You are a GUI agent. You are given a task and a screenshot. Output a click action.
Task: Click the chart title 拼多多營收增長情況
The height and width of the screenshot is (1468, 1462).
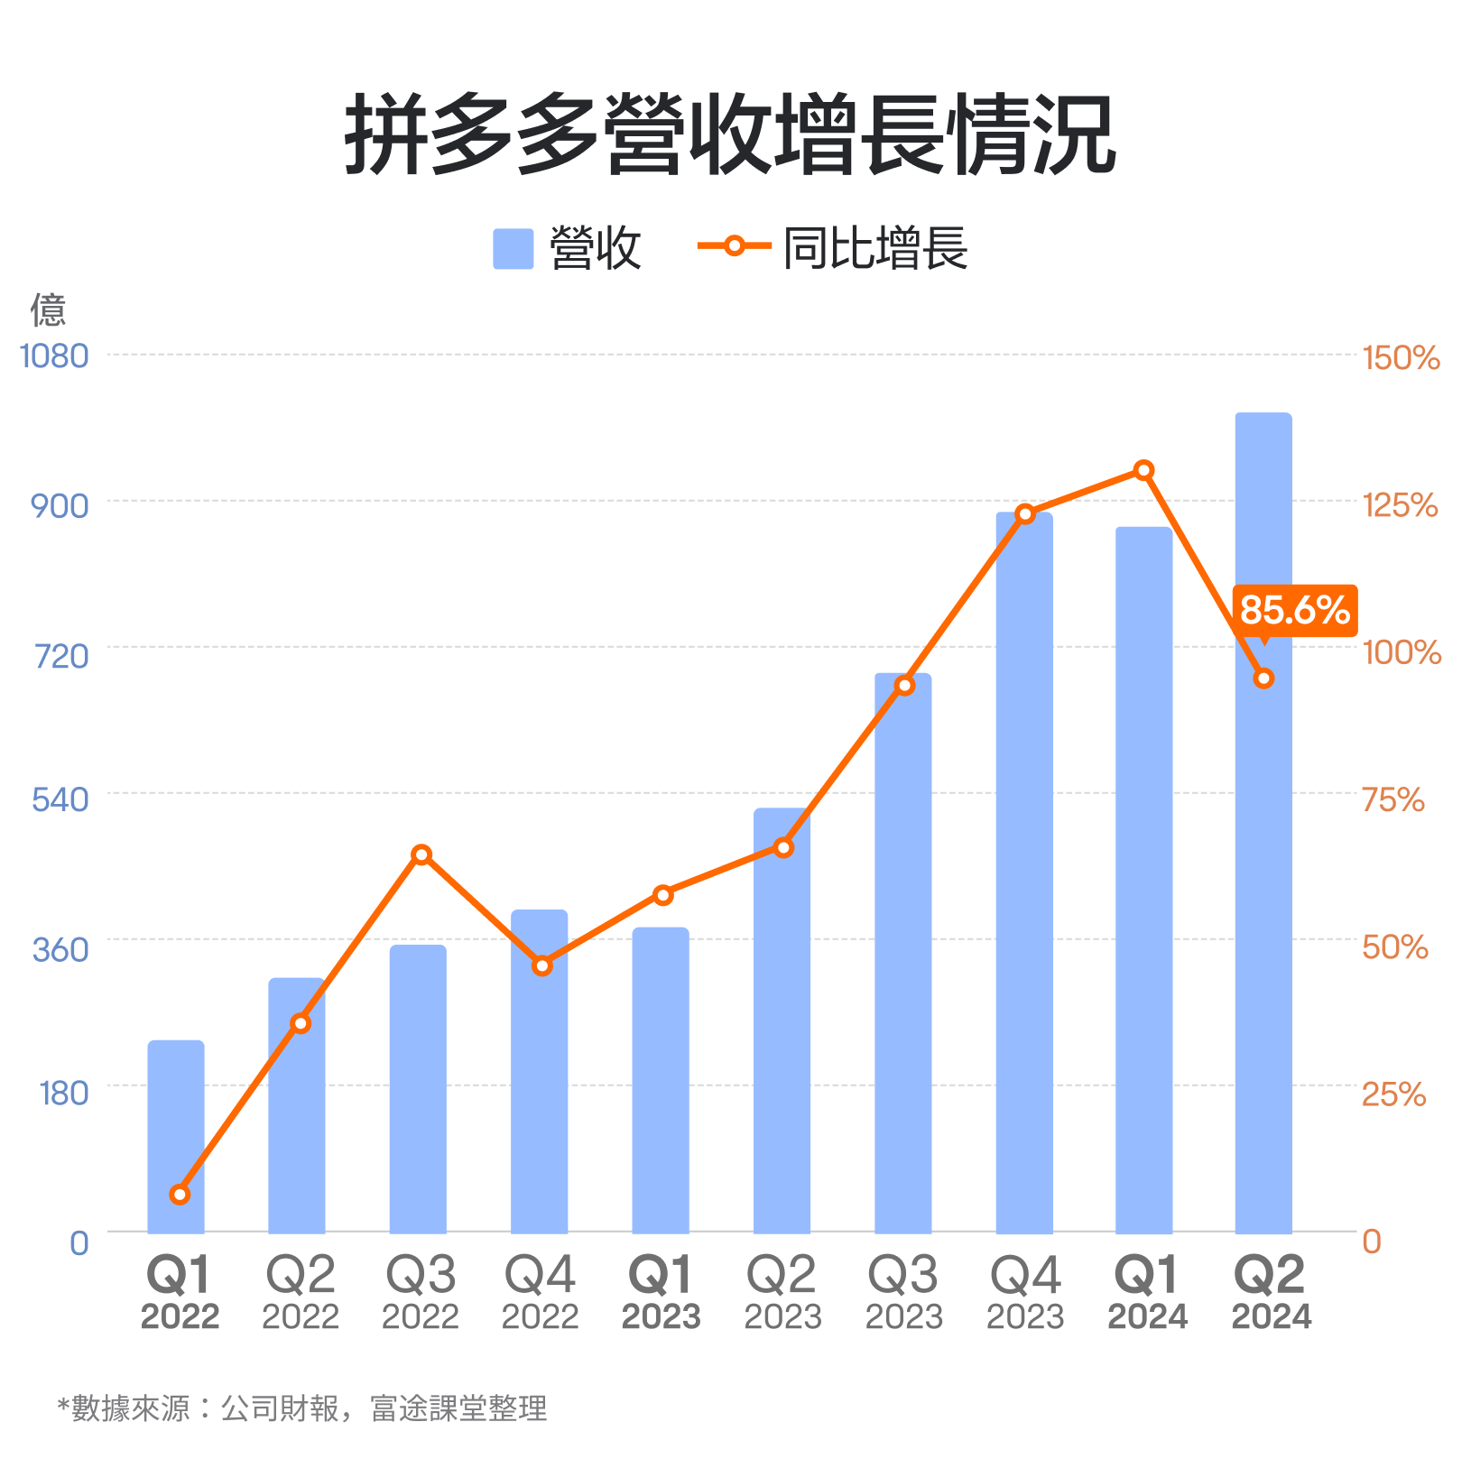click(x=730, y=135)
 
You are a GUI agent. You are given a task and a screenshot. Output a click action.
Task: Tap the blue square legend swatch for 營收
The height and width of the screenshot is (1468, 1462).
click(x=513, y=249)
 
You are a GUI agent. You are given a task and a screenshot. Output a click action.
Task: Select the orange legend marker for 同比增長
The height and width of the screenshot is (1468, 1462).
click(x=735, y=245)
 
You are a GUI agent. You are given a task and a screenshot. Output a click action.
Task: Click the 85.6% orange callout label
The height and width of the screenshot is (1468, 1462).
click(x=1294, y=611)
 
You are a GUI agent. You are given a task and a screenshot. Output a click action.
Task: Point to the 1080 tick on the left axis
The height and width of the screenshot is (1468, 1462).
click(x=54, y=356)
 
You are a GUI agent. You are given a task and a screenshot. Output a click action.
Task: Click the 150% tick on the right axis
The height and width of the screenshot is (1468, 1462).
click(x=1400, y=358)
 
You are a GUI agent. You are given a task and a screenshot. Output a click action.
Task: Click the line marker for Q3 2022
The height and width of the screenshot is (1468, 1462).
click(x=421, y=854)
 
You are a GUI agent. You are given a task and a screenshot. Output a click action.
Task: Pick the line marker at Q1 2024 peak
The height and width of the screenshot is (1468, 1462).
click(x=1143, y=470)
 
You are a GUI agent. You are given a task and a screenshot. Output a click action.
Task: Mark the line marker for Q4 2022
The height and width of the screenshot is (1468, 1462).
click(x=541, y=965)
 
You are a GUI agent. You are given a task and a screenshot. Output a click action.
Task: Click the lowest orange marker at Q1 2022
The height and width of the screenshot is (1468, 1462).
click(x=180, y=1194)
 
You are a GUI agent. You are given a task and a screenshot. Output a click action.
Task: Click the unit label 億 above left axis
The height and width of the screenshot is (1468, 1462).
click(x=48, y=309)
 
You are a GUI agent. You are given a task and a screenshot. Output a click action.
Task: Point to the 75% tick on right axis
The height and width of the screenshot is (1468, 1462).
click(x=1393, y=799)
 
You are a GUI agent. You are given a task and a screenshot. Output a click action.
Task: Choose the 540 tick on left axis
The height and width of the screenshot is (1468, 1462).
click(x=60, y=799)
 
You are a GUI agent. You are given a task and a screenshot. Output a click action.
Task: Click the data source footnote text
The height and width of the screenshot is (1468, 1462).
click(x=302, y=1408)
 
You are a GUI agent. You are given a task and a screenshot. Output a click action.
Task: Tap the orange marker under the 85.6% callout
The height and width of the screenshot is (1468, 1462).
click(x=1263, y=678)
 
